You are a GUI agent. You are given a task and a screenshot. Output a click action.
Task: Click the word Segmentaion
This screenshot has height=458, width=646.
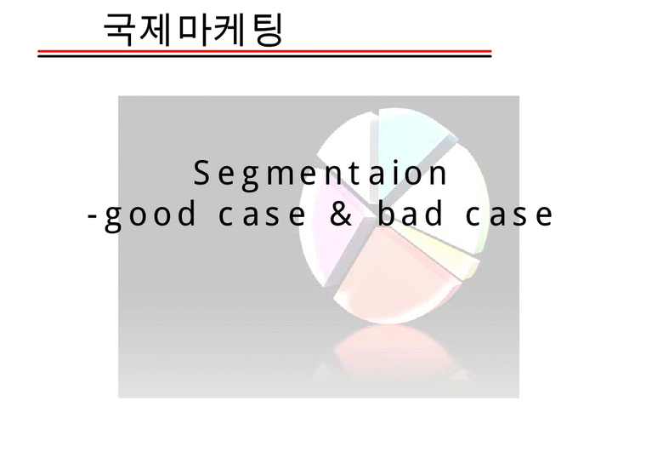point(320,175)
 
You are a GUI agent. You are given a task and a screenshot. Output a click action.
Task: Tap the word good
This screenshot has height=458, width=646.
point(151,215)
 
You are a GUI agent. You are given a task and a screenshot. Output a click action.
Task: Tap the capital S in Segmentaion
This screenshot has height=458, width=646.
point(201,174)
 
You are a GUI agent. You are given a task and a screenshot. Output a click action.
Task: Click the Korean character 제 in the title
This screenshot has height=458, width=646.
point(156,31)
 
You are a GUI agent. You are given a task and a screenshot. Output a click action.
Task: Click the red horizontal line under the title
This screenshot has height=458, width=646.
point(264,51)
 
